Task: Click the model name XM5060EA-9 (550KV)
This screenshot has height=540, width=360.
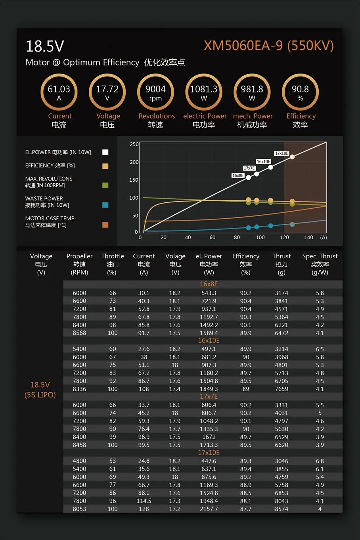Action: pos(268,46)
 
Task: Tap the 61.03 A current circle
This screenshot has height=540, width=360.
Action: pos(59,92)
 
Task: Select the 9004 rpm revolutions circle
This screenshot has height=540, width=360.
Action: pos(155,92)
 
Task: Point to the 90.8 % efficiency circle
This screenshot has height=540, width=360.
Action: pos(300,92)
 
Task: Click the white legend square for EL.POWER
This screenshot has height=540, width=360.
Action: pos(105,152)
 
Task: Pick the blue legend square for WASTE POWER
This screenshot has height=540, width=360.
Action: pos(105,205)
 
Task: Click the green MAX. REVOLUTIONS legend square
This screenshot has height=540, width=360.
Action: pos(105,185)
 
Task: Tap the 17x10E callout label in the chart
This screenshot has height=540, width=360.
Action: pos(281,153)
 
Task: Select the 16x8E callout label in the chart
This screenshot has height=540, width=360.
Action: pos(238,175)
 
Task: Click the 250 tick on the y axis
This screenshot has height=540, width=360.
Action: pos(134,144)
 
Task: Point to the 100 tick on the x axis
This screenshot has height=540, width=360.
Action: pos(260,238)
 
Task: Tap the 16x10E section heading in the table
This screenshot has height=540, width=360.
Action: pos(209,341)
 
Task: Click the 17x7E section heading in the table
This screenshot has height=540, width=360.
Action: pos(209,397)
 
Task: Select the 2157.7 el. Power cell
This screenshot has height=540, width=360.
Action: pos(209,509)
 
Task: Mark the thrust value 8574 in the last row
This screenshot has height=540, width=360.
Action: pos(281,509)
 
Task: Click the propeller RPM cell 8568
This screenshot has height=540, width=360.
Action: pos(79,333)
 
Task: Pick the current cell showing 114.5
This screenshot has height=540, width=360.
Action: pos(144,501)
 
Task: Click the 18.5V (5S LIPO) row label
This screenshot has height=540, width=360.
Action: pos(40,390)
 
